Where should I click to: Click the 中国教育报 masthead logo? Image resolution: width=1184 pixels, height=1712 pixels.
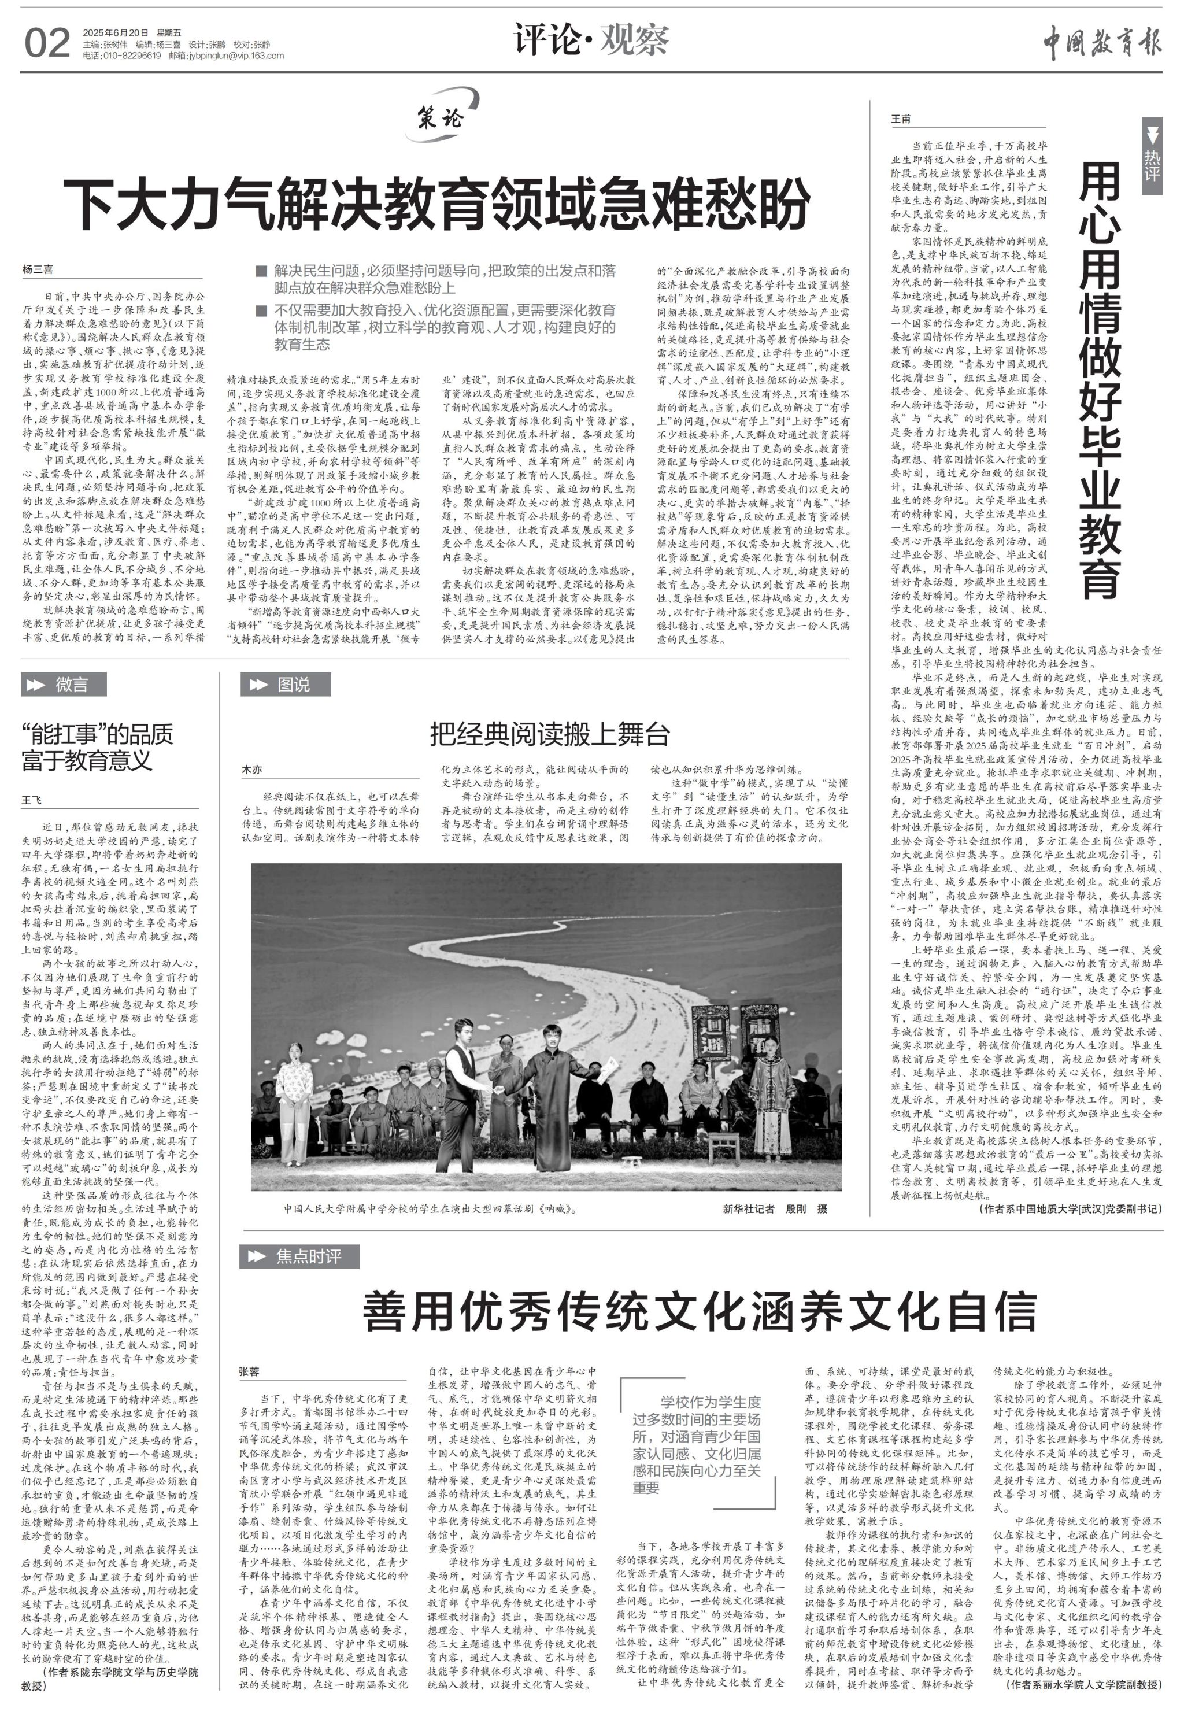(x=1102, y=42)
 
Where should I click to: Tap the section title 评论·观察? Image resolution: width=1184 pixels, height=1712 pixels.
(x=591, y=39)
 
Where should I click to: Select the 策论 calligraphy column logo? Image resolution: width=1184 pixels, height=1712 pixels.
(x=442, y=116)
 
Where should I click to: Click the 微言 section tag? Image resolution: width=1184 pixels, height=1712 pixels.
(x=64, y=684)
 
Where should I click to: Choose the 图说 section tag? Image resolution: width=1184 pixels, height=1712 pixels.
(x=286, y=684)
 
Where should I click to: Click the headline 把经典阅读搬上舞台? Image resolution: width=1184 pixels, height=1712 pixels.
(x=550, y=734)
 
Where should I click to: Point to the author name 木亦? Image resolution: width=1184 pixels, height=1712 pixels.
(x=252, y=770)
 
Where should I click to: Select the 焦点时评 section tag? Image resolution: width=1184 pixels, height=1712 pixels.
(x=299, y=1256)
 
